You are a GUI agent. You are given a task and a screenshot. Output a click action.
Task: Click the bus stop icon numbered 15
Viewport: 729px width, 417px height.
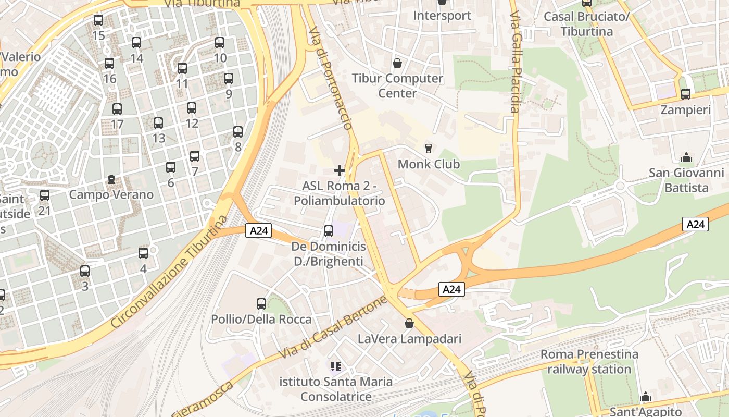coord(98,20)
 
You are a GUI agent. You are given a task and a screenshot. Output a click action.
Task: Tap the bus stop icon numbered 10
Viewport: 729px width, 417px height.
coord(220,43)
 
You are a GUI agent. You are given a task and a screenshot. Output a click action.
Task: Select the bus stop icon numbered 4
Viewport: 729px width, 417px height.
coord(143,253)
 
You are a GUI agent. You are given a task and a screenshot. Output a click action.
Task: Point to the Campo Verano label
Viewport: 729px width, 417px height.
coord(111,195)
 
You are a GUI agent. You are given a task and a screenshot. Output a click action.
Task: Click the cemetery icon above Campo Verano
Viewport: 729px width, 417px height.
coord(111,179)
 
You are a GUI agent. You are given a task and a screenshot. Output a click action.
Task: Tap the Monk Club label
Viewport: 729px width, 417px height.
coord(429,164)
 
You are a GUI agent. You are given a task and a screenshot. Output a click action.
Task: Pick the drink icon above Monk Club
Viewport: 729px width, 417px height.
coord(429,149)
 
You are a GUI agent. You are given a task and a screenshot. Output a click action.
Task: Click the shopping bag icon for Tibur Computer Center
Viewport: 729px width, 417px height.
coord(397,63)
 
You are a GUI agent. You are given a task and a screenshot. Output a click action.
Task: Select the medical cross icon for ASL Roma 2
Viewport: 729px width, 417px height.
coord(340,170)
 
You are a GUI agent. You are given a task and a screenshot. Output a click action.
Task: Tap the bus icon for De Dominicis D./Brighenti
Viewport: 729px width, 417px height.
coord(329,230)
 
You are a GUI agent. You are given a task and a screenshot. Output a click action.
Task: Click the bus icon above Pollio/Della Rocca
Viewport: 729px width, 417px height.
coord(261,303)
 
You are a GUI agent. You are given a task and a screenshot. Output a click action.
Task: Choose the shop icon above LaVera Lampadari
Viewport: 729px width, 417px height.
coord(409,323)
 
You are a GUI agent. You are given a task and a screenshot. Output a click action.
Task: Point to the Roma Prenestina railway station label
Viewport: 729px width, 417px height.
coord(589,362)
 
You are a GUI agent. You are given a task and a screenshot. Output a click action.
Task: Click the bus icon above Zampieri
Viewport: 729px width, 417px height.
coord(686,94)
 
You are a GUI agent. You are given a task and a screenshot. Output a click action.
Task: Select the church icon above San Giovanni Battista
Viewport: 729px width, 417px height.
coord(686,157)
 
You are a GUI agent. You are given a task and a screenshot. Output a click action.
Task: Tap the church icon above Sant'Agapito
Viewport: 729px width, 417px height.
coord(646,397)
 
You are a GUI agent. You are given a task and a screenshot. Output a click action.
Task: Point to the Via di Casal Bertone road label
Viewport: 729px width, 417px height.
coord(334,327)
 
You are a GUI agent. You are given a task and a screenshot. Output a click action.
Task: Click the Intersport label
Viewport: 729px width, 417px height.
coord(442,16)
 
